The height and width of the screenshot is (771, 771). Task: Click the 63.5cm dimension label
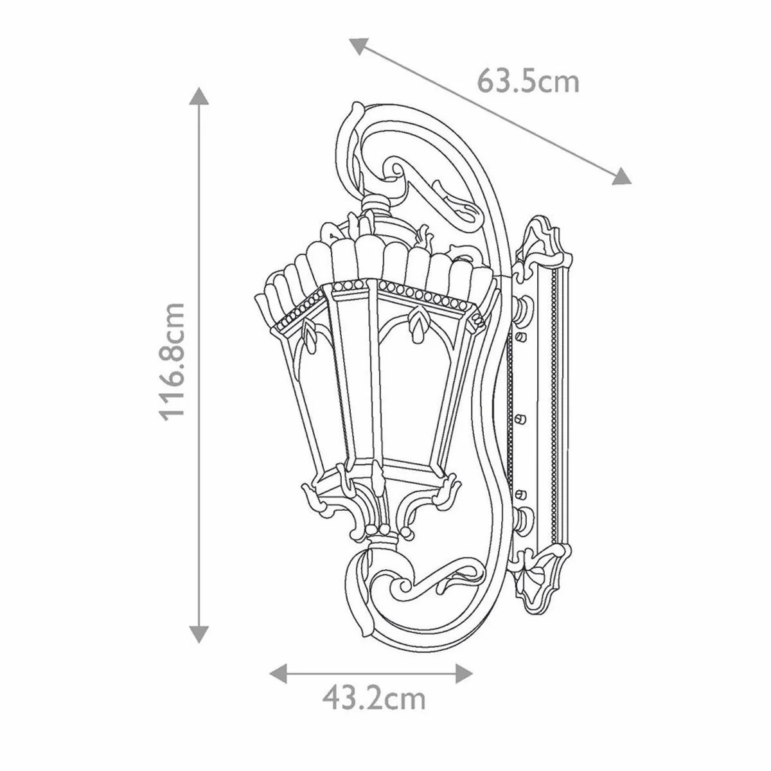point(528,82)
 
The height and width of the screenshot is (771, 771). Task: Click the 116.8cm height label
point(173,361)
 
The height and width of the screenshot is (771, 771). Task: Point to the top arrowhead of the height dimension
point(200,96)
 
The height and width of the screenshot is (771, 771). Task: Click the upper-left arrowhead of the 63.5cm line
point(357,46)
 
